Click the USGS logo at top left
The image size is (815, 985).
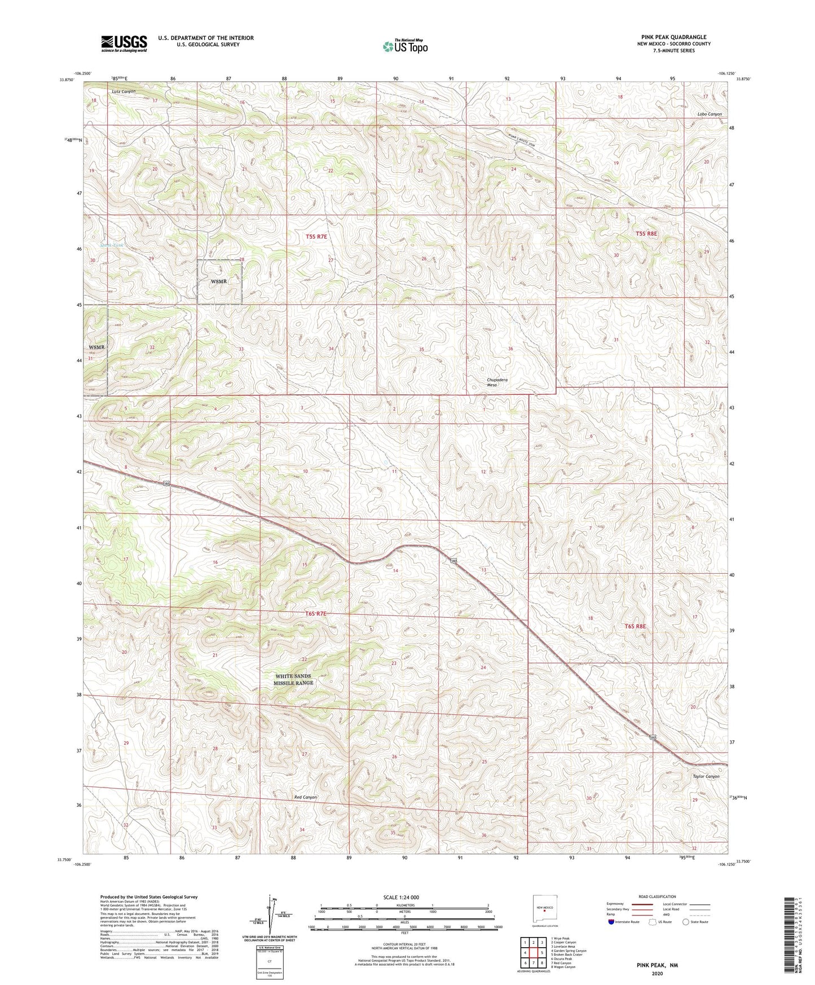[x=124, y=43]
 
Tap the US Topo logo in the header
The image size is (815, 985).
[x=405, y=46]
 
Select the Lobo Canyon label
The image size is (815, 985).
[x=709, y=114]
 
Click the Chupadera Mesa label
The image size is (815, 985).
[x=497, y=382]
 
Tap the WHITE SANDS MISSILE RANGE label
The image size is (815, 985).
[x=293, y=679]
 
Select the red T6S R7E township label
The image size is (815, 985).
[x=316, y=613]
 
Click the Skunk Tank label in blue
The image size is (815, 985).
[x=111, y=245]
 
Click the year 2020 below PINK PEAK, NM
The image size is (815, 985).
[x=657, y=973]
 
